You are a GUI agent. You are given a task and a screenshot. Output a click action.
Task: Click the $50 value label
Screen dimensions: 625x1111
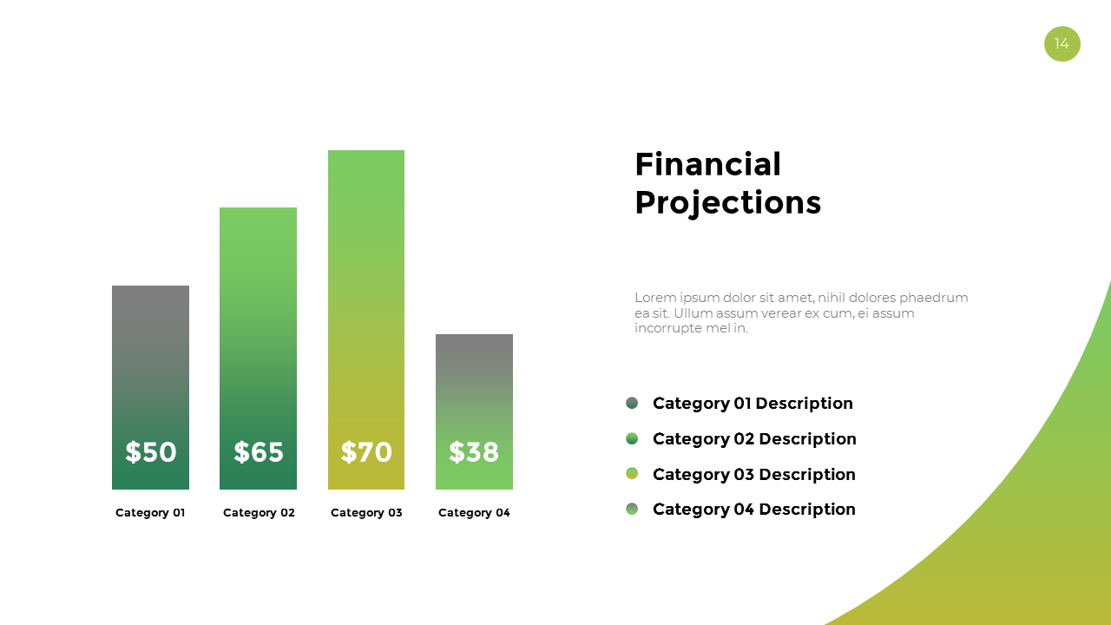tap(150, 452)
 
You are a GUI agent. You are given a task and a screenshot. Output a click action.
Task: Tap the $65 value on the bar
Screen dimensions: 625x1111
tap(259, 452)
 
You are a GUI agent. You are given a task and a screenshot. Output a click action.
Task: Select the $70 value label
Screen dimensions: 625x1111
tap(366, 452)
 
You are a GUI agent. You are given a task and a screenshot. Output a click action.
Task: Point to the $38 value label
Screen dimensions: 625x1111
tap(474, 452)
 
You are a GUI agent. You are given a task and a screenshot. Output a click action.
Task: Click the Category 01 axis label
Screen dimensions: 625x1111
tap(150, 513)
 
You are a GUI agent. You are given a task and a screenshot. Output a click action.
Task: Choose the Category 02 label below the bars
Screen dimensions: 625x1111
tap(259, 513)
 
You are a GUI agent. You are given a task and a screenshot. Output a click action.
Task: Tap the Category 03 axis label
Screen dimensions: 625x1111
tap(366, 513)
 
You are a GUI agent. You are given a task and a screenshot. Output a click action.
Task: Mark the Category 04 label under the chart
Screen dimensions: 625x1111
tap(474, 513)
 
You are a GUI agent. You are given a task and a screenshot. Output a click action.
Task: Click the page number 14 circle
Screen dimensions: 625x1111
tap(1062, 43)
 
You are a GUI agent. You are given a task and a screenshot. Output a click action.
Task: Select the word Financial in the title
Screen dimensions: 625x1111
tap(707, 164)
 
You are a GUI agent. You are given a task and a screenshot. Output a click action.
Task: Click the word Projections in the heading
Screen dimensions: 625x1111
tap(727, 202)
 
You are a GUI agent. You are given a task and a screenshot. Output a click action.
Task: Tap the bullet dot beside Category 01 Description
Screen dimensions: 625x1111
tap(632, 403)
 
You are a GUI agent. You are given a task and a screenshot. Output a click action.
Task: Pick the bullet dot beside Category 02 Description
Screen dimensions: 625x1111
tap(632, 438)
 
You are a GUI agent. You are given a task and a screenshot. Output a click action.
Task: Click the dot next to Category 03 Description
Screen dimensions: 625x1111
tap(632, 473)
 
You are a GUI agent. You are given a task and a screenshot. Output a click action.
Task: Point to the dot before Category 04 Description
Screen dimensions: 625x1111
tap(632, 509)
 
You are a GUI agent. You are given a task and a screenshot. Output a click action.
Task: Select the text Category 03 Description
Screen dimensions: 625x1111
tap(753, 474)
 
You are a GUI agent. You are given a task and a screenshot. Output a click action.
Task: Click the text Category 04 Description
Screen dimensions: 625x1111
tap(753, 510)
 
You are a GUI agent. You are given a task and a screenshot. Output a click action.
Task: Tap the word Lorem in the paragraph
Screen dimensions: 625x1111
tap(653, 298)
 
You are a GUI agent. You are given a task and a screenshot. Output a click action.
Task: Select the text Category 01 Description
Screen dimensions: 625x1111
tap(753, 404)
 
